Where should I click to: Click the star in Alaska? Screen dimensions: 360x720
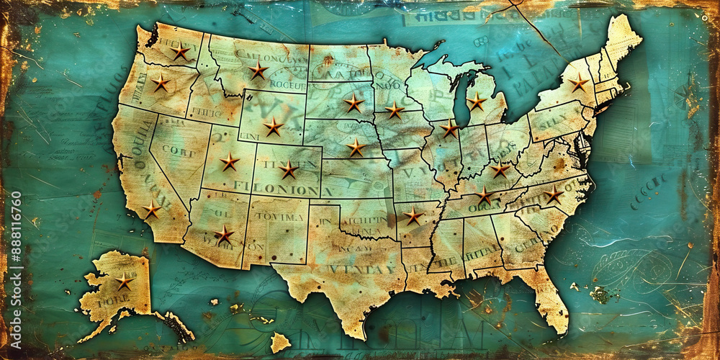point(124,281)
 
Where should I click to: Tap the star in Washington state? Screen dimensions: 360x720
point(180,53)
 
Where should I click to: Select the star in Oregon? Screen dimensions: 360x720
point(160,84)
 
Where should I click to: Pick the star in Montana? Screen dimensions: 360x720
point(258,70)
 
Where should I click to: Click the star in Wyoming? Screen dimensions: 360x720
point(272,127)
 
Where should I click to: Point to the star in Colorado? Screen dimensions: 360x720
point(289,170)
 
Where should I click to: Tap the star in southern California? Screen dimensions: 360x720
point(151,210)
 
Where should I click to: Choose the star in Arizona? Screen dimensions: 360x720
point(224,235)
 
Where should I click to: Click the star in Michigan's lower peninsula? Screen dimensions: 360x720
point(477,102)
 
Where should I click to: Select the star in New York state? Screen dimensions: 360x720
point(579,83)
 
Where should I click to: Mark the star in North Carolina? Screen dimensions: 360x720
point(553,195)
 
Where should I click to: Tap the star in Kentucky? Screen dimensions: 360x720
point(500,171)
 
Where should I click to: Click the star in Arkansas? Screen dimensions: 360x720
point(413,216)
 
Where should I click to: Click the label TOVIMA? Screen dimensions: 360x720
point(279,217)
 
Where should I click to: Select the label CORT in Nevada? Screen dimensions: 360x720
point(178,151)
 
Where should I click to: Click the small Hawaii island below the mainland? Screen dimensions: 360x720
point(279,343)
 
